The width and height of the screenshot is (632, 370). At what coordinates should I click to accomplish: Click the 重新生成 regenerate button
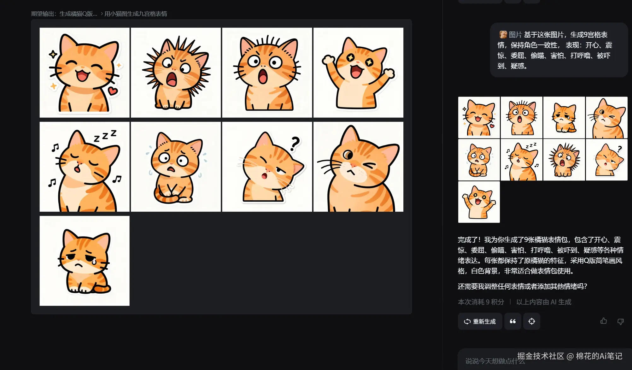tap(480, 321)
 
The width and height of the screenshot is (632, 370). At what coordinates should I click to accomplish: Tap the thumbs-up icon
tap(604, 321)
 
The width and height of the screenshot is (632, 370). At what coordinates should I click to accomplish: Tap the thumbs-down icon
tap(620, 321)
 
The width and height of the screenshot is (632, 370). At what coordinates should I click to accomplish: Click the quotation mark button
tap(513, 321)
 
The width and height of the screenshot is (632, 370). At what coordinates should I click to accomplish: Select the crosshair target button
tap(532, 321)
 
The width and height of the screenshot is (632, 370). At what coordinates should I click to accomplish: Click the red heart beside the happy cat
tap(113, 91)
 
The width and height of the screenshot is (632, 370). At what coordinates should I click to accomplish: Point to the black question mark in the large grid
tap(295, 144)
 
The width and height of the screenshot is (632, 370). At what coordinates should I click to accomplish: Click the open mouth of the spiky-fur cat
tap(172, 79)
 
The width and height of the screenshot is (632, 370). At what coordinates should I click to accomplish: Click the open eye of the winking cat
tap(348, 155)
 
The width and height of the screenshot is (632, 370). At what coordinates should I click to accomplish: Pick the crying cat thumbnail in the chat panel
tap(564, 118)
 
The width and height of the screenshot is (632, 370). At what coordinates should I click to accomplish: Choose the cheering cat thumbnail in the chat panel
tap(479, 202)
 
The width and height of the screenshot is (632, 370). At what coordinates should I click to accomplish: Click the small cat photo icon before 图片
tap(503, 34)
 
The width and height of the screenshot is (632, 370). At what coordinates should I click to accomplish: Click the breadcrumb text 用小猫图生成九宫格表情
tap(136, 14)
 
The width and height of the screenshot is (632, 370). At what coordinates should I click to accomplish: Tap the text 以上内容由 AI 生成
tap(544, 302)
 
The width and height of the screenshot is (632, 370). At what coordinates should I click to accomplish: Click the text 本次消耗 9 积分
tap(481, 302)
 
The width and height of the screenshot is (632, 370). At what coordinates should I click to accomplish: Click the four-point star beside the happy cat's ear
tap(53, 54)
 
